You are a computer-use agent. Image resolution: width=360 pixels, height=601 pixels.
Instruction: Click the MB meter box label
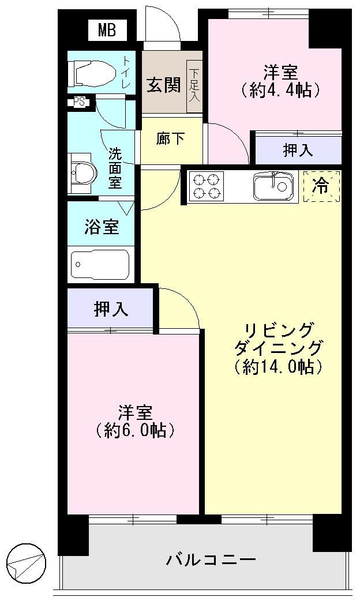pos(106,31)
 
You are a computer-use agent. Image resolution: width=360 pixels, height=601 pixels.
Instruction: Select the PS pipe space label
pos(80,102)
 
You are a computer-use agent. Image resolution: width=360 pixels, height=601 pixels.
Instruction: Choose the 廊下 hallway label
pos(171,139)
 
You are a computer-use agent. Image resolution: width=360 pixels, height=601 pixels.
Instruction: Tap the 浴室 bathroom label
pos(102,227)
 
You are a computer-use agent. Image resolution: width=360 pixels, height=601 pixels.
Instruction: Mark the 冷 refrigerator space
pos(321,186)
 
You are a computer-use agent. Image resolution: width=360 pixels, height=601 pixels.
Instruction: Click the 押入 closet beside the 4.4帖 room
pos(298,151)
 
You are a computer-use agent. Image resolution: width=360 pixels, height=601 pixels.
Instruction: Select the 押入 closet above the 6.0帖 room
pos(111,309)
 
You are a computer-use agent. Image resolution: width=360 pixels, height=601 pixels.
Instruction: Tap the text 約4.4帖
pos(281,90)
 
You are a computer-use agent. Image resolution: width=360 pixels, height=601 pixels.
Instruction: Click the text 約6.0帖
pos(136,430)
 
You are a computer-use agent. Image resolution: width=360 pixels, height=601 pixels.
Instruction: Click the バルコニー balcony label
pos(211,559)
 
